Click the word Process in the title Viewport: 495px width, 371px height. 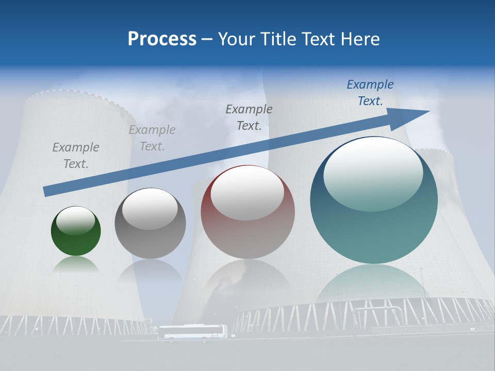tap(162, 39)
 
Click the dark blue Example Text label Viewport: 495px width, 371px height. tap(370, 93)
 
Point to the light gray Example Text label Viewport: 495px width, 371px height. tap(152, 138)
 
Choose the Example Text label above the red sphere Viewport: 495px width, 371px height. tap(249, 117)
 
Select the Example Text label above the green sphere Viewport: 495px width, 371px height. tap(76, 156)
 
